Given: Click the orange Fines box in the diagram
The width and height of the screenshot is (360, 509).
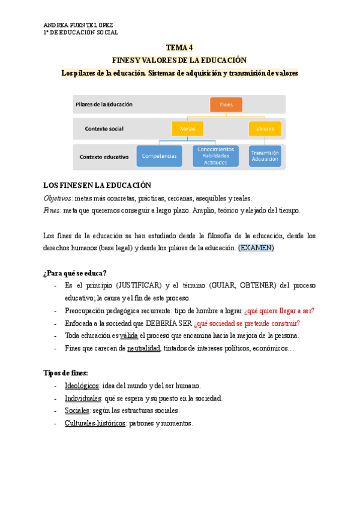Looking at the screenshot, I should (x=226, y=104).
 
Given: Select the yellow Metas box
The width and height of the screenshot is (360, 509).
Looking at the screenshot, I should (x=187, y=128).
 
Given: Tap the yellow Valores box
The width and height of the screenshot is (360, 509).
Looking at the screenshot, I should (x=265, y=128).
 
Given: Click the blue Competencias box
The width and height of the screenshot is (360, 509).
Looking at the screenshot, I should (x=159, y=156).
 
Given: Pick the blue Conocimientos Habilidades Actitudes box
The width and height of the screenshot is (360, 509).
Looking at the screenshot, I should (x=215, y=155).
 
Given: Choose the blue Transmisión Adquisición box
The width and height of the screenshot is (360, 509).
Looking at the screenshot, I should (x=265, y=155).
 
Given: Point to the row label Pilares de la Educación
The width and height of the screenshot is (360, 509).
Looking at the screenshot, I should (x=104, y=104).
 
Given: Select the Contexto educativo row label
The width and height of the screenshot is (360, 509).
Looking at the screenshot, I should (x=104, y=157).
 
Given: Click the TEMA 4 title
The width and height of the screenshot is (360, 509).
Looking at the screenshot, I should (x=179, y=47).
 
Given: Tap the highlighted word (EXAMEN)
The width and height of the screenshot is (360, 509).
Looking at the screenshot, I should (x=256, y=247).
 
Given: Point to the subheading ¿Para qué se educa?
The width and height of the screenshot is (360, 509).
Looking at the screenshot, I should (x=75, y=273).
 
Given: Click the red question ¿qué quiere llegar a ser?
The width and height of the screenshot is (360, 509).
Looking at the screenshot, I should (x=279, y=310).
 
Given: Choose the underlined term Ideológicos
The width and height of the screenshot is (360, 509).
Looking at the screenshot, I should (x=82, y=385).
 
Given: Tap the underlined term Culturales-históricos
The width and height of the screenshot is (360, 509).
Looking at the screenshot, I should (x=95, y=423).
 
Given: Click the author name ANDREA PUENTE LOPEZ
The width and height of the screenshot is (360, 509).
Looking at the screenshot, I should (x=78, y=25).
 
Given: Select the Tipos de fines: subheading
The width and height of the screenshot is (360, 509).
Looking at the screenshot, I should (x=65, y=373).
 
